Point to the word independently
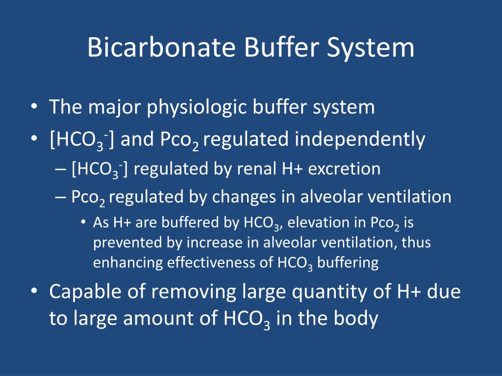pos(360,140)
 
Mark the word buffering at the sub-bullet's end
pos(348,263)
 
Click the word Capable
pos(81,292)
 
